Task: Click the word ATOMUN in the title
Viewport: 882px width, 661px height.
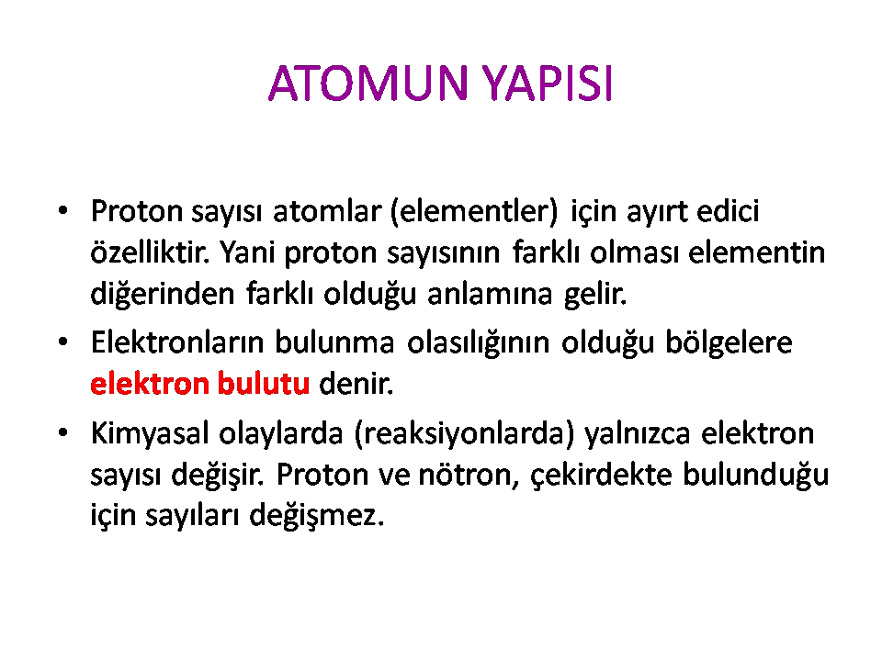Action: point(368,84)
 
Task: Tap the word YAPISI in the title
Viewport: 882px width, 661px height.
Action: point(548,84)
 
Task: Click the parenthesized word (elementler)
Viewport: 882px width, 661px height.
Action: point(474,211)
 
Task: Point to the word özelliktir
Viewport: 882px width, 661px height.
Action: point(150,252)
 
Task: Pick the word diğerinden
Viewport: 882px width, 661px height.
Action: point(163,294)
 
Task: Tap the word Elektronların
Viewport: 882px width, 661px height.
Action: point(177,342)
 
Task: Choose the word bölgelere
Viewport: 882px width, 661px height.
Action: point(729,342)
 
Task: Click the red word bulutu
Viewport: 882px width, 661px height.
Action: point(264,384)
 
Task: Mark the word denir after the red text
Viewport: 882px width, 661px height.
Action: point(356,384)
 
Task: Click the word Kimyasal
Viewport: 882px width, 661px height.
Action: point(150,433)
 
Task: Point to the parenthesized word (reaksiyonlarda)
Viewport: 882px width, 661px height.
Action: point(465,433)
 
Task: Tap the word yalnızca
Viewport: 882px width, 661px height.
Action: point(638,433)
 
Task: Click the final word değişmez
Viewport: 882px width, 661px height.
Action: point(317,515)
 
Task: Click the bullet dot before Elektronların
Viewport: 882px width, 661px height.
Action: point(63,342)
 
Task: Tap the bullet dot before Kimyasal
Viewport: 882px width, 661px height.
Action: point(63,432)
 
